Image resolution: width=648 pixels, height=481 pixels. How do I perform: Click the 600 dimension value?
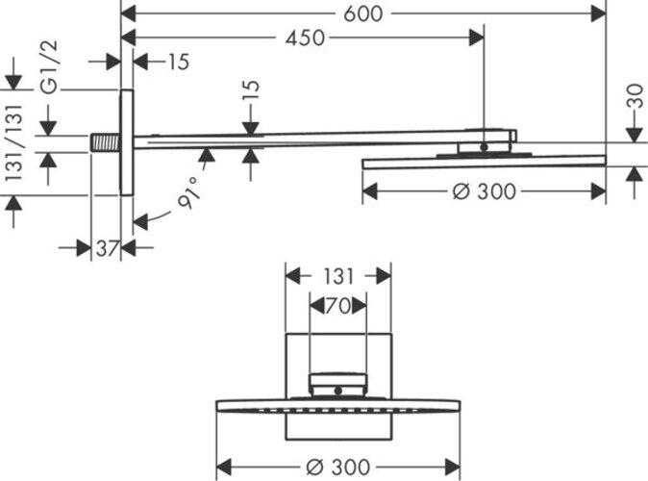pos(362,13)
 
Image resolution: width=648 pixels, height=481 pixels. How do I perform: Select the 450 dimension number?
pos(305,38)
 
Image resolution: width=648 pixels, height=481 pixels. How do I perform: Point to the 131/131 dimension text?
pos(13,142)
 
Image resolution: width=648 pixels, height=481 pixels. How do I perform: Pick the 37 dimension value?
pos(106,248)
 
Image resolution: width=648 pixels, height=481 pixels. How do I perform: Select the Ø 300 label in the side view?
pos(484,191)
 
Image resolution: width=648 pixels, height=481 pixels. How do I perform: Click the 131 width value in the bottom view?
pos(337,276)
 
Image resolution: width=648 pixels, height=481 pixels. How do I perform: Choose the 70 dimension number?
pos(337,306)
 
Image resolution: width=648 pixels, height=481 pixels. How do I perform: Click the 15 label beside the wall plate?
pos(177,63)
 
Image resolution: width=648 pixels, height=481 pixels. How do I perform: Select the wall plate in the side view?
pos(126,142)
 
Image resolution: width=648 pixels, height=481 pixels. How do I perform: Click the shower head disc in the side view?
pos(484,162)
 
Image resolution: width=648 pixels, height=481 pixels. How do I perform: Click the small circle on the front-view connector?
pos(337,390)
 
